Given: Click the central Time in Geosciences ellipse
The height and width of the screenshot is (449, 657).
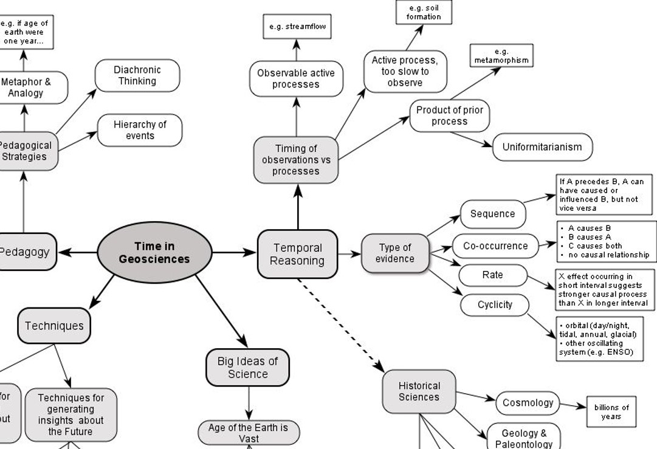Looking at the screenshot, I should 154,253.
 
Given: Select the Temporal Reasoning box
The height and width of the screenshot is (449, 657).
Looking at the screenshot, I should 297,254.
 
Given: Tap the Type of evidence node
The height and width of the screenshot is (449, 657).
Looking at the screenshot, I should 395,253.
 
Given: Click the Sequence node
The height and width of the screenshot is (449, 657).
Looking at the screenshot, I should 492,214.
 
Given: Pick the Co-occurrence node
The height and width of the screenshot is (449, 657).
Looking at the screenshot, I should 495,246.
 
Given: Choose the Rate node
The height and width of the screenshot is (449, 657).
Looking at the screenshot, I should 492,275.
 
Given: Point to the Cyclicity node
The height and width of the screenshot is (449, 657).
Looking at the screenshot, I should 495,304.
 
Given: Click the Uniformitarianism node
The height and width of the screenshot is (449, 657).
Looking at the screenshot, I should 542,147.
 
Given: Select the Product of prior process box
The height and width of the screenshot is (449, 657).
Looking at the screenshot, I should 449,115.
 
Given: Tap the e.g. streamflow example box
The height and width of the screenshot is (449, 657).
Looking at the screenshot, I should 297,27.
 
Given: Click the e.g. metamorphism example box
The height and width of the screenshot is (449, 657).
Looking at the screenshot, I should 501,56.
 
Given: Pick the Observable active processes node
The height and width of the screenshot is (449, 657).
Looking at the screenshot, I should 296,78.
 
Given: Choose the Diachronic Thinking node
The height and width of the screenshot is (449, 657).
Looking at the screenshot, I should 137,75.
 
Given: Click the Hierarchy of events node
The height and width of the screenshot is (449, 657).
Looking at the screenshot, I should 140,130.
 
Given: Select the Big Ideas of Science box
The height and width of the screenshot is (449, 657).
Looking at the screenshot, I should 247,368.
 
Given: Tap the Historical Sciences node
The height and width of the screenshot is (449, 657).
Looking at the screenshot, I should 419,391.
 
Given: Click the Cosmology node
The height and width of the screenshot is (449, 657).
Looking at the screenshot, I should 528,403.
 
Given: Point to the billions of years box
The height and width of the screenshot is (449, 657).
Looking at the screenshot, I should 611,412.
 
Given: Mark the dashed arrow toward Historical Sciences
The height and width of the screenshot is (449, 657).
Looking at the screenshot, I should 340,324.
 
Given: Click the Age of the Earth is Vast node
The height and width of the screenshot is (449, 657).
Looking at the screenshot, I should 248,433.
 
